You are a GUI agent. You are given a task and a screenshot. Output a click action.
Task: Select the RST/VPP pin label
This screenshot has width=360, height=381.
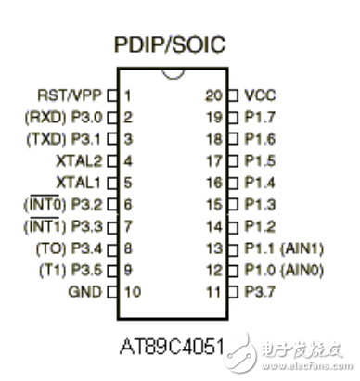tap(71, 95)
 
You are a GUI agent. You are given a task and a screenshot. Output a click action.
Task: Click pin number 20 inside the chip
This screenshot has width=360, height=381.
tap(212, 95)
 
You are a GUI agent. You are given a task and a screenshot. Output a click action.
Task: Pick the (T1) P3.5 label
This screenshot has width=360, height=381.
tap(70, 271)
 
